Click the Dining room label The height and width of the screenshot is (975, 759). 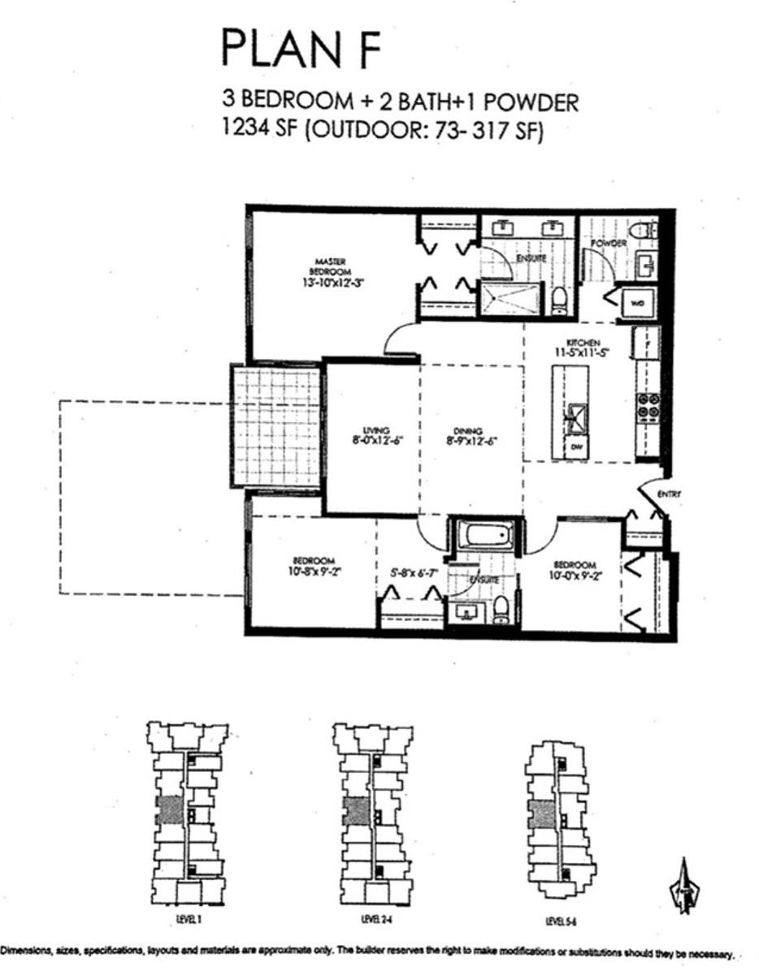tap(469, 431)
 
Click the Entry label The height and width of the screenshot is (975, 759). tap(670, 494)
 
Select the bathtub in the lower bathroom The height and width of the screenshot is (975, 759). tap(485, 536)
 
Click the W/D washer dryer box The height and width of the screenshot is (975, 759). tap(635, 303)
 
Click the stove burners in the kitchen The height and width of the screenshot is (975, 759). tap(648, 405)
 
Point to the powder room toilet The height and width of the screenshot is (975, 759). tap(644, 230)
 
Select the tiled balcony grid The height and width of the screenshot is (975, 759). tap(276, 425)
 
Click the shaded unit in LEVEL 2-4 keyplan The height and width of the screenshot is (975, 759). tap(355, 811)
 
